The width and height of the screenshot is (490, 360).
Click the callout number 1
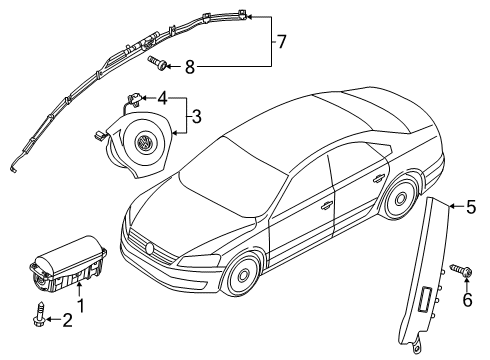(x=80, y=306)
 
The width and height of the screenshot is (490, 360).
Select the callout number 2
(x=67, y=320)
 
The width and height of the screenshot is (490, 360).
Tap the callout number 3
(x=197, y=117)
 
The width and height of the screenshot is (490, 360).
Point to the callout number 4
(x=162, y=98)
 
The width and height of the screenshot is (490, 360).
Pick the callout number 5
(x=471, y=207)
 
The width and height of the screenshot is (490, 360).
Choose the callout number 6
(x=467, y=300)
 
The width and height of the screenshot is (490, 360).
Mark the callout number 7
(x=282, y=42)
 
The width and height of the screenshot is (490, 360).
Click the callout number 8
(x=190, y=67)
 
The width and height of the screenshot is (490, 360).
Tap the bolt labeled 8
(x=158, y=63)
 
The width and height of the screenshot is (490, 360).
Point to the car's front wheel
(x=242, y=274)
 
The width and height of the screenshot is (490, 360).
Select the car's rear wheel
(x=399, y=198)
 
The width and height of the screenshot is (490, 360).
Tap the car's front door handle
(x=326, y=207)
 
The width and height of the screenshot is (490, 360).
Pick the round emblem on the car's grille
(x=150, y=248)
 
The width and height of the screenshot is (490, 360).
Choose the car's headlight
(x=199, y=260)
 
